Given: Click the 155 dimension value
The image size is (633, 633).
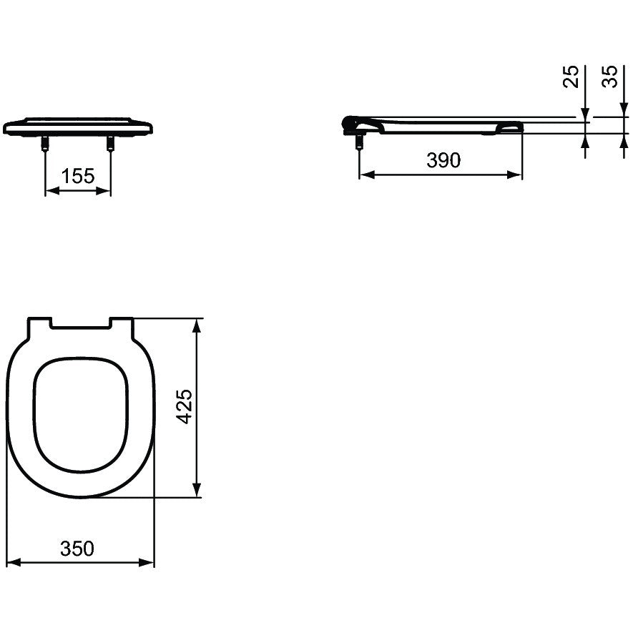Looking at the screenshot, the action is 77,176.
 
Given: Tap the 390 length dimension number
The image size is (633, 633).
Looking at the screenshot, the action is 443,160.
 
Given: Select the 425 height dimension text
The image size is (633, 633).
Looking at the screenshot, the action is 185,406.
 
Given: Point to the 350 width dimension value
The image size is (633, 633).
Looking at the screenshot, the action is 77,549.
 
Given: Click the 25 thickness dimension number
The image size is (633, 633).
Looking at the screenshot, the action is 571,77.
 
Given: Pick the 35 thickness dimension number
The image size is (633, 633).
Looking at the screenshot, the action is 609,77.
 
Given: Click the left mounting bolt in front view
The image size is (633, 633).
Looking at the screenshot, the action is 45,143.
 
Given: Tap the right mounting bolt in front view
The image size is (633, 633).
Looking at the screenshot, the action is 110,143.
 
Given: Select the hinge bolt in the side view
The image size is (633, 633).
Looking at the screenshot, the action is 359,142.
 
